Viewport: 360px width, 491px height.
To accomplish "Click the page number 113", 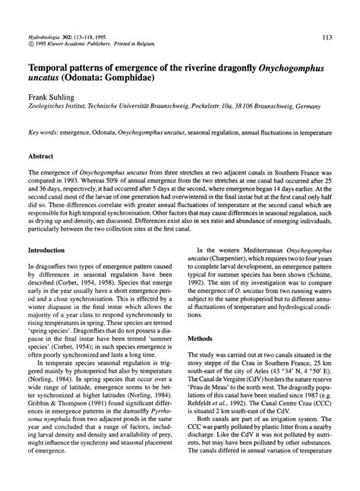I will tap(327, 36).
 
